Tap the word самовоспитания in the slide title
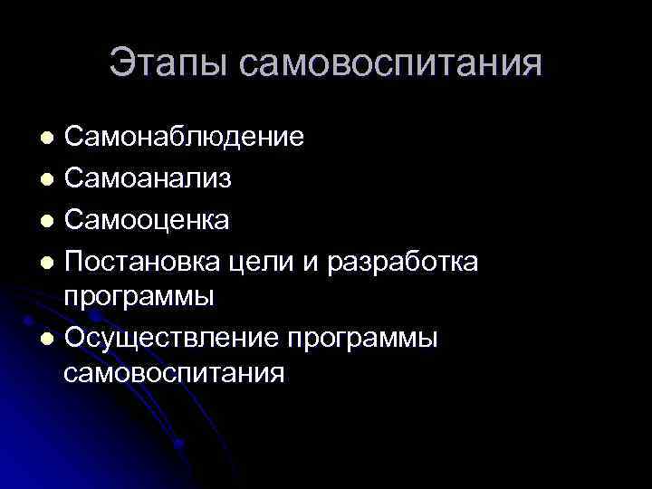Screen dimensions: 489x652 (392, 63)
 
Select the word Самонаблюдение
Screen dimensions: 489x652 (184, 138)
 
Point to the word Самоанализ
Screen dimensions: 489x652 (148, 178)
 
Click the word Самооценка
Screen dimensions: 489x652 (147, 219)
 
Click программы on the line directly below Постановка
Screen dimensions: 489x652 (139, 296)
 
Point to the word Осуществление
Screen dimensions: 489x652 (171, 337)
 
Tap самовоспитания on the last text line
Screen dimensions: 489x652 (175, 372)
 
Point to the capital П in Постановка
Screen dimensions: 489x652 (74, 261)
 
